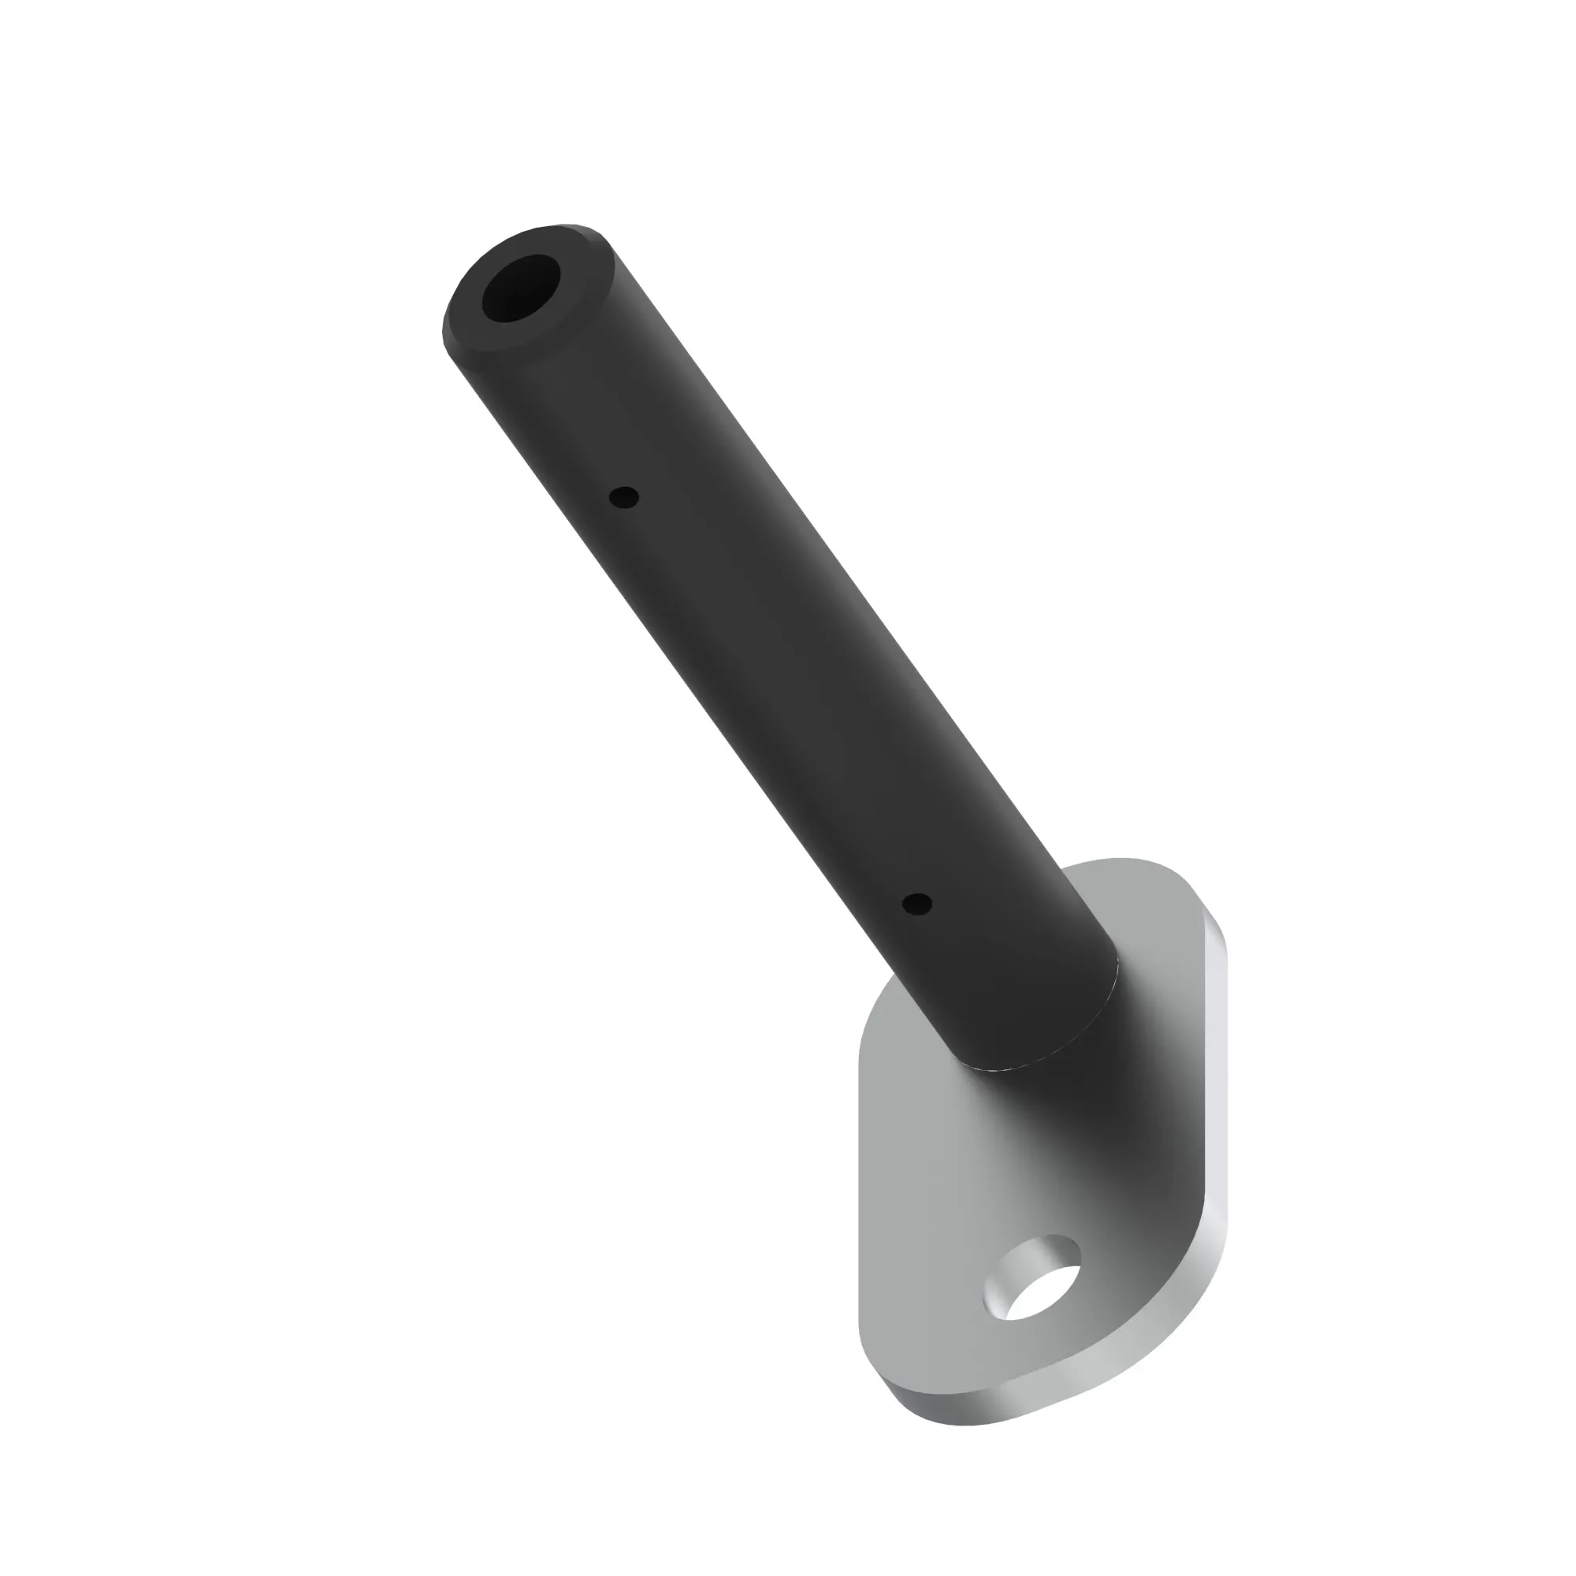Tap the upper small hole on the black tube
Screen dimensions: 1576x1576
tap(625, 496)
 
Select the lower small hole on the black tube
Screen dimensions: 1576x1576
tap(917, 904)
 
